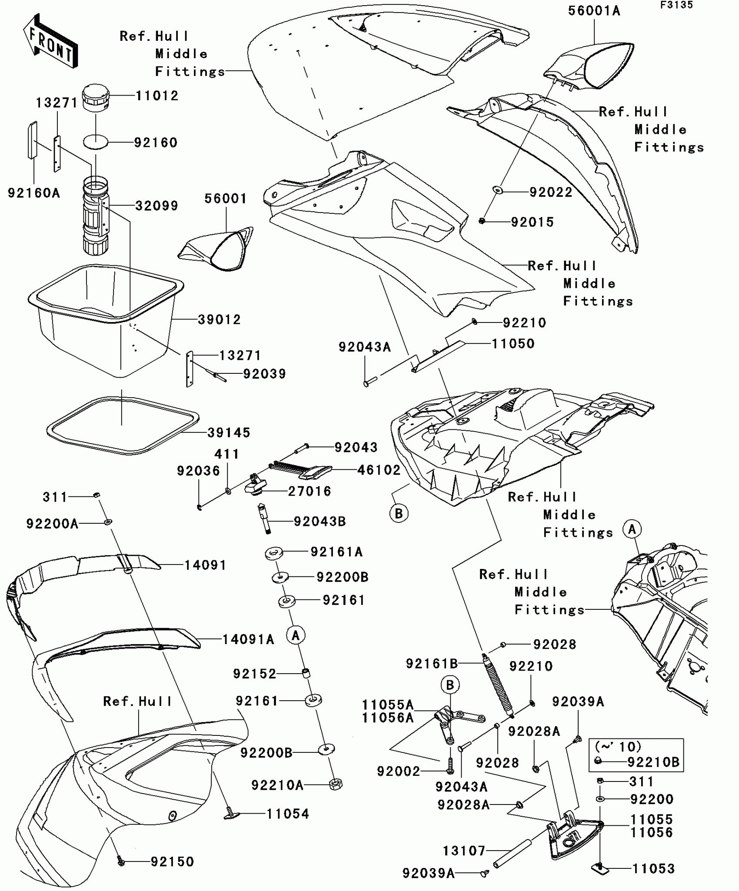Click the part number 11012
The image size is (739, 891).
[x=157, y=96]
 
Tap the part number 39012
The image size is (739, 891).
[x=219, y=319]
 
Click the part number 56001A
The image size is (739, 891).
[x=594, y=11]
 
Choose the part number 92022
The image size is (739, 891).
[x=551, y=192]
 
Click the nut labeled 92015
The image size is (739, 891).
[x=482, y=222]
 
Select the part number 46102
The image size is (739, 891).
[x=379, y=470]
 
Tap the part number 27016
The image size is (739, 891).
[x=310, y=491]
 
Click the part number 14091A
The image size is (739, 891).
[x=248, y=639]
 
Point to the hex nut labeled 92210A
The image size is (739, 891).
[x=336, y=785]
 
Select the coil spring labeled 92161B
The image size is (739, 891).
[x=498, y=687]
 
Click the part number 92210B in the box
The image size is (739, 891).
[x=653, y=762]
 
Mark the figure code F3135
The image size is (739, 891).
[x=676, y=5]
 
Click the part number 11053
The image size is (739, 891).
[x=653, y=869]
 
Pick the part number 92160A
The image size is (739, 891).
[x=33, y=193]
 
